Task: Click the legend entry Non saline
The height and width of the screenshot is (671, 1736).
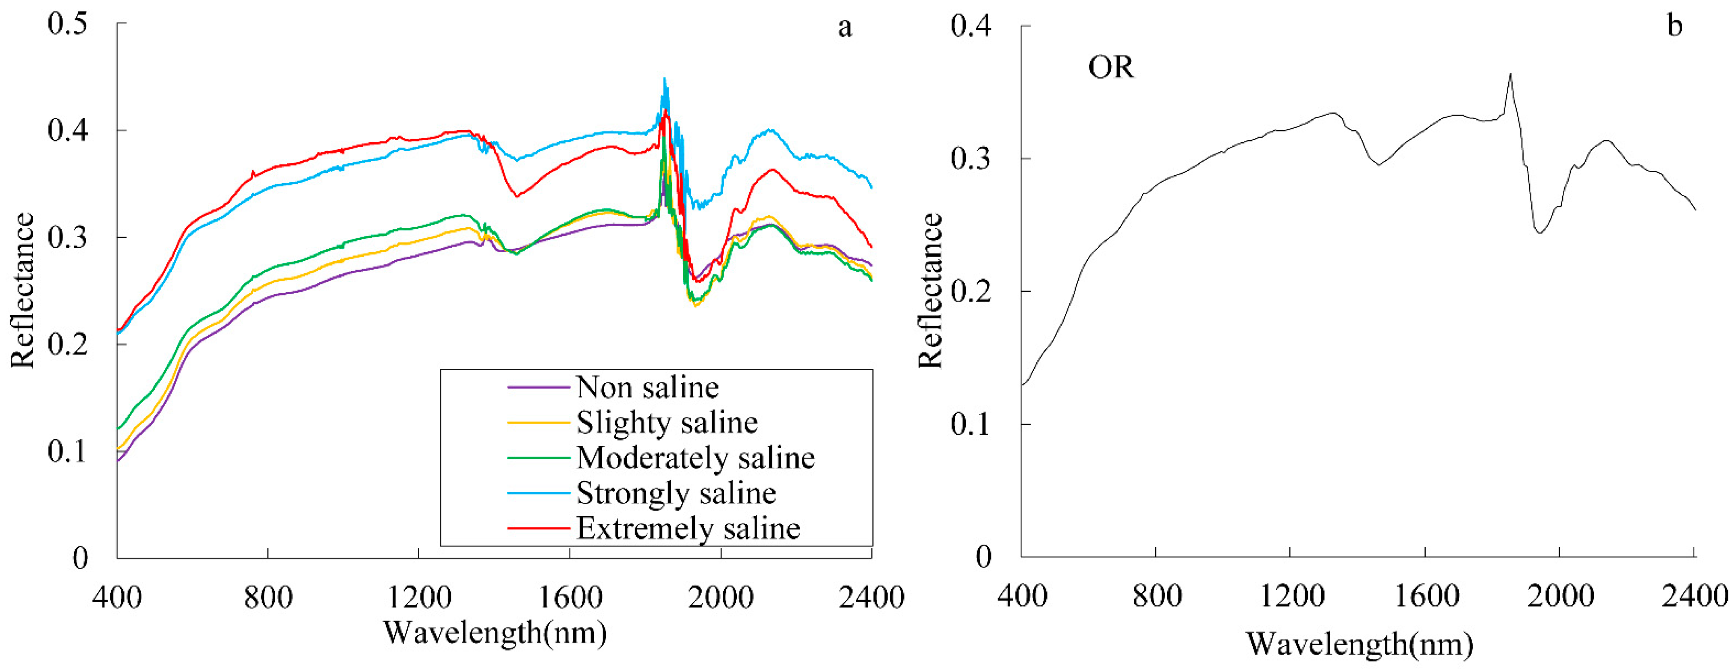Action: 647,387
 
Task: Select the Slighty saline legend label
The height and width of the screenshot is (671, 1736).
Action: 667,422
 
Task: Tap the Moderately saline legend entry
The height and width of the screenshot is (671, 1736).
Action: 695,457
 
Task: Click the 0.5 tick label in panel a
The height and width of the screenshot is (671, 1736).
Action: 67,24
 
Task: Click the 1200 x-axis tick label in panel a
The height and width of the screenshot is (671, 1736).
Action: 419,597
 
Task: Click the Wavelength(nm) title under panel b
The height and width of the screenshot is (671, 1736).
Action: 1359,644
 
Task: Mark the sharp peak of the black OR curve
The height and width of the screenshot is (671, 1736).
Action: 1510,74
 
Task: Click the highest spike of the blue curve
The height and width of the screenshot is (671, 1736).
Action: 665,79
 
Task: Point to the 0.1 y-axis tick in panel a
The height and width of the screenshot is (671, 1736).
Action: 67,451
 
